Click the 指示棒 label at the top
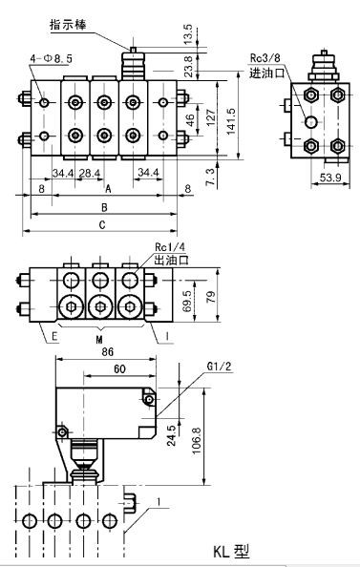tap(68, 25)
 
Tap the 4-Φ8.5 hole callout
tap(52, 58)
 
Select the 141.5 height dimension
tap(231, 121)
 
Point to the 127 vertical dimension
tap(211, 117)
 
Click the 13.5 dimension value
tap(188, 34)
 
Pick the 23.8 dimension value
tap(188, 67)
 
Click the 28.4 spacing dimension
tap(90, 173)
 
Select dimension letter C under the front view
tap(102, 225)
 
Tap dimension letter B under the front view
tap(104, 207)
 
